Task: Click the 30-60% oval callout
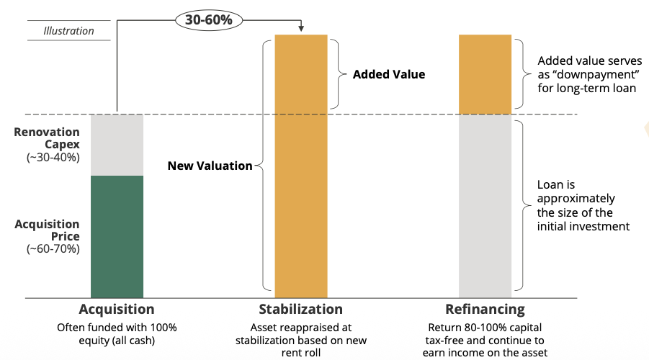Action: pyautogui.click(x=209, y=20)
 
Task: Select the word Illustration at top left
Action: pyautogui.click(x=68, y=31)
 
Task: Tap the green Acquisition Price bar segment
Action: pyautogui.click(x=117, y=236)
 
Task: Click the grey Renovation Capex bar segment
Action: pyautogui.click(x=117, y=145)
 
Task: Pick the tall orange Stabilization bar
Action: pyautogui.click(x=301, y=166)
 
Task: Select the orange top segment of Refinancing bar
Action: pyautogui.click(x=485, y=74)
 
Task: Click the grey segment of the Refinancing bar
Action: pyautogui.click(x=485, y=205)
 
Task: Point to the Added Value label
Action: pyautogui.click(x=389, y=74)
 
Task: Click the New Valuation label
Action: pyautogui.click(x=210, y=166)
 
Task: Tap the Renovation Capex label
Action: pyautogui.click(x=47, y=138)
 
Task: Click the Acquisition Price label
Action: pyautogui.click(x=47, y=230)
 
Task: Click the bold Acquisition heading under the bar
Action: pyautogui.click(x=117, y=310)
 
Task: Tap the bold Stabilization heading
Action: pyautogui.click(x=301, y=310)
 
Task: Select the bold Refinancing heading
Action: pyautogui.click(x=485, y=310)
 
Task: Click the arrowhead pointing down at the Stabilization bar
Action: pyautogui.click(x=301, y=30)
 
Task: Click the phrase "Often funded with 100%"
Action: pyautogui.click(x=117, y=327)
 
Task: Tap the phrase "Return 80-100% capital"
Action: pyautogui.click(x=485, y=327)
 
